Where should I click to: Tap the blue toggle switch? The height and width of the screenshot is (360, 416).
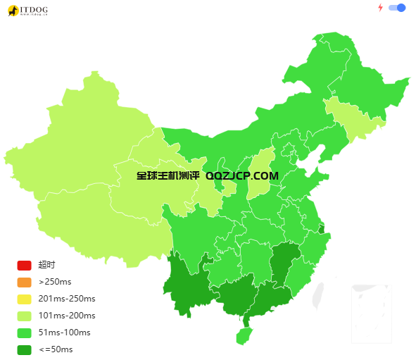[x=397, y=8]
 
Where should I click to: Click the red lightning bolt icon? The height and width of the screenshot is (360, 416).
[x=381, y=8]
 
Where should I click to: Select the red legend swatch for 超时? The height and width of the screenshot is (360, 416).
[x=24, y=265]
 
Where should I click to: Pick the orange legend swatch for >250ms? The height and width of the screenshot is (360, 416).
[x=24, y=282]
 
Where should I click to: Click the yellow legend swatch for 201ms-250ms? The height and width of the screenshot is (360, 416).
[x=24, y=299]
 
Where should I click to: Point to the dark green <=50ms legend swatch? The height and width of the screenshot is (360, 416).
[x=24, y=349]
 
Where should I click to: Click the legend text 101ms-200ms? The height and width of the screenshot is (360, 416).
[x=67, y=316]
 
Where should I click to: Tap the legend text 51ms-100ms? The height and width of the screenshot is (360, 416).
[x=65, y=333]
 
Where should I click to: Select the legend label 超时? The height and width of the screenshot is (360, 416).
[x=46, y=265]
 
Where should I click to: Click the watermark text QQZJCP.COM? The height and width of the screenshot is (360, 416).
[x=242, y=176]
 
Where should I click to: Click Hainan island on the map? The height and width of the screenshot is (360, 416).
[x=244, y=335]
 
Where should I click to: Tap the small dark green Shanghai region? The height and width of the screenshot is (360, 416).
[x=322, y=229]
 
